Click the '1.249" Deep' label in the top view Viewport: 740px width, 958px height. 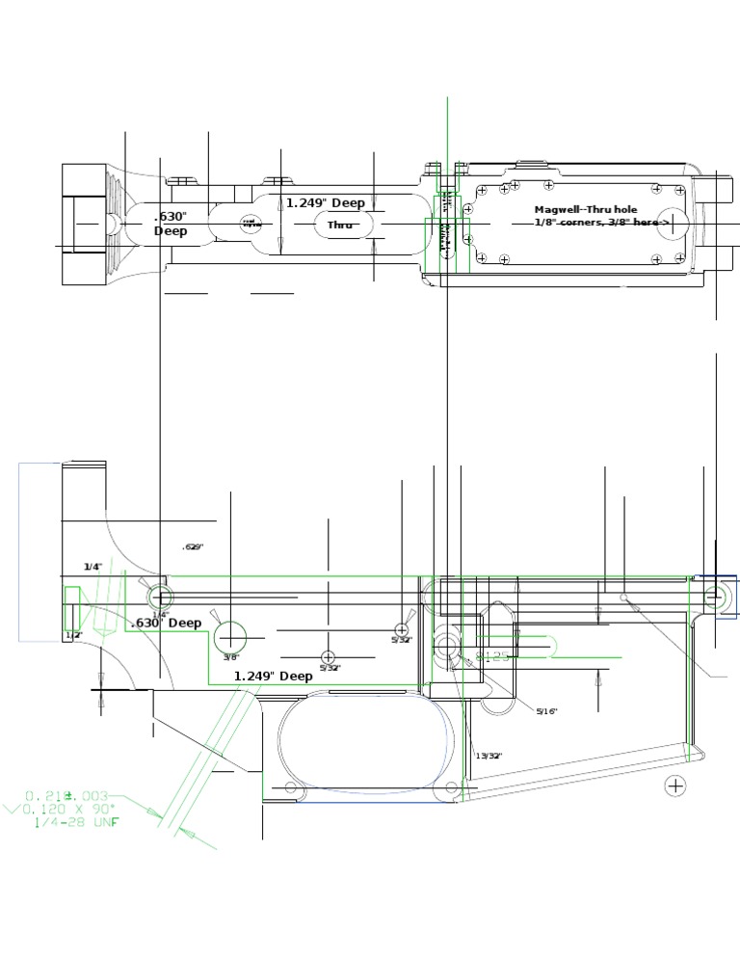tap(326, 203)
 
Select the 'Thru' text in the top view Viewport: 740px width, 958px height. tap(340, 225)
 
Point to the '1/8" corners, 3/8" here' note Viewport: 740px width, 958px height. tap(601, 223)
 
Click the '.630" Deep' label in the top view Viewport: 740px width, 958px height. tap(171, 224)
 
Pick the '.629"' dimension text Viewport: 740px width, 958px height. tap(193, 546)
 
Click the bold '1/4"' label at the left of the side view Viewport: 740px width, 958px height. tap(92, 567)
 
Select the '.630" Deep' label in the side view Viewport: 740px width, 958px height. tap(166, 623)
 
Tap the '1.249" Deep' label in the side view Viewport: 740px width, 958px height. tap(274, 676)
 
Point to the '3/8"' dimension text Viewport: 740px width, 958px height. tap(230, 657)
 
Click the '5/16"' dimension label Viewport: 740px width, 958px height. tap(546, 711)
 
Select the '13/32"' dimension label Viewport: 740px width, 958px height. tap(489, 756)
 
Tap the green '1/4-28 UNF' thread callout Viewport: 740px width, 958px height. tap(77, 822)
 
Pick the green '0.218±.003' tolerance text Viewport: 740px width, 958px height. tap(67, 795)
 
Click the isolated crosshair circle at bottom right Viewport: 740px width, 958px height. tap(675, 786)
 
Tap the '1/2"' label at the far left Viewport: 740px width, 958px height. tap(72, 636)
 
